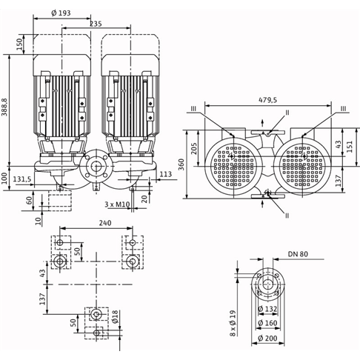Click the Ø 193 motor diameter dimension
(x=61, y=13)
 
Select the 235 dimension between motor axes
(x=96, y=24)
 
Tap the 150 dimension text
(x=20, y=44)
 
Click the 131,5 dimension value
(x=22, y=179)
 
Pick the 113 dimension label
(x=166, y=174)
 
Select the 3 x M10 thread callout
(x=117, y=204)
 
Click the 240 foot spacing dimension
(x=105, y=223)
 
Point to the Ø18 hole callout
(x=116, y=317)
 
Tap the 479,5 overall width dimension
(x=268, y=100)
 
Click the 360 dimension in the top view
(x=181, y=164)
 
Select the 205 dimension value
(x=194, y=148)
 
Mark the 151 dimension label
(x=350, y=147)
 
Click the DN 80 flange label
(x=298, y=254)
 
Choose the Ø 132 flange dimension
(x=267, y=309)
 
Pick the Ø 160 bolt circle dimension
(x=267, y=323)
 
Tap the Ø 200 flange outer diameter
(x=267, y=338)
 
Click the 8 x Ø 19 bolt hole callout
(x=233, y=323)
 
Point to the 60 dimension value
(x=30, y=200)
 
